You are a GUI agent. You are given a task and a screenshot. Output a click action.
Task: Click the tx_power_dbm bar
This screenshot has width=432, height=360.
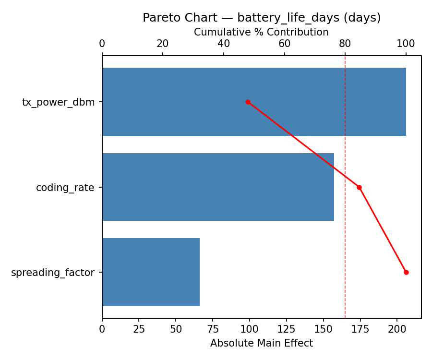[x=254, y=102]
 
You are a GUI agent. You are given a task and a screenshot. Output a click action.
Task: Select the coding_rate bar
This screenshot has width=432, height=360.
[x=218, y=187]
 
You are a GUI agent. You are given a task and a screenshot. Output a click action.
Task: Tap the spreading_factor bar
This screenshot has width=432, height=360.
[x=151, y=272]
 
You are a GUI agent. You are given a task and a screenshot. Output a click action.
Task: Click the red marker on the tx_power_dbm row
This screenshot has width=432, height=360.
[x=248, y=102]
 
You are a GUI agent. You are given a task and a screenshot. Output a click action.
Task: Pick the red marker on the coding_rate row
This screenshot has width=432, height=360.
[x=359, y=187]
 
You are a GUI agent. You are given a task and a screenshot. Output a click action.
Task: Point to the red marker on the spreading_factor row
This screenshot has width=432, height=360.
[x=406, y=272]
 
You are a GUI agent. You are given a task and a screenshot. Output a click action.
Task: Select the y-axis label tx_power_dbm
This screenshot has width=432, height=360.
[x=59, y=102]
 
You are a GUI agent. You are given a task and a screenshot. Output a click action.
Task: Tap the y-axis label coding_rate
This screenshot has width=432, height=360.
[x=65, y=188]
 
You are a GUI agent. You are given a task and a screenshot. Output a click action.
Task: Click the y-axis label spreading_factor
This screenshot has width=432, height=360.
[x=53, y=273]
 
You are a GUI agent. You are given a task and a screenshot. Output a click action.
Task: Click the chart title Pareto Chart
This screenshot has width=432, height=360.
[x=262, y=18]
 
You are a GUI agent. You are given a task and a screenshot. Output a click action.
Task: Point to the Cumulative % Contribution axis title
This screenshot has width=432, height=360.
[x=261, y=32]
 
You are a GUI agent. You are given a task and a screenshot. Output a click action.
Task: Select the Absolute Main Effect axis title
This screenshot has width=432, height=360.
[x=262, y=343]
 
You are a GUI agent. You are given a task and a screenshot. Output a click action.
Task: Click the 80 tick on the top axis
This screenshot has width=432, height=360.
[x=345, y=44]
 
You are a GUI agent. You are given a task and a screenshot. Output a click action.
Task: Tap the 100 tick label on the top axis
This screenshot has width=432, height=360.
[x=406, y=44]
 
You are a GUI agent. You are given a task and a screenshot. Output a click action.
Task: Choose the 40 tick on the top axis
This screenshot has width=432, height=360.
[x=224, y=44]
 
